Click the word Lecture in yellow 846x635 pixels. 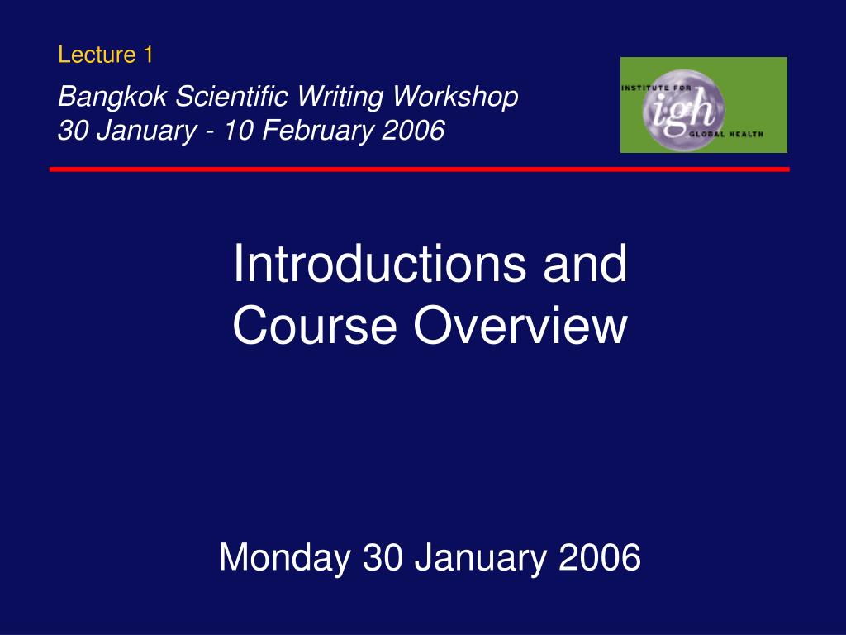95,55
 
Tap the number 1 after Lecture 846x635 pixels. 148,55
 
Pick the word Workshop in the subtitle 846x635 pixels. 455,98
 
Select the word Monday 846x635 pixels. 284,558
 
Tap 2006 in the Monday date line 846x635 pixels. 600,558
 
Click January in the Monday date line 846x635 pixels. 481,558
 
